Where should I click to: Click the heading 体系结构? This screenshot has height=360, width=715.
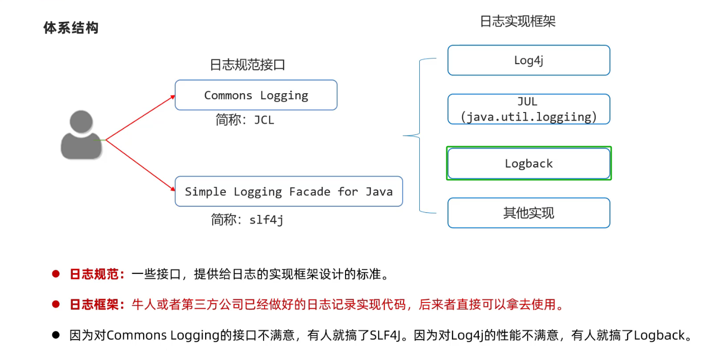coord(71,28)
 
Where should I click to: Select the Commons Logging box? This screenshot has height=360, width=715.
coord(256,95)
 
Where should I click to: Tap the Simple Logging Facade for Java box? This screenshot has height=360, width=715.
coord(289,191)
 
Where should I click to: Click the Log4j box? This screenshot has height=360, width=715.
coord(529,60)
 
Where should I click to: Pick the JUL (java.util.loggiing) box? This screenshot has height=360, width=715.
coord(529,109)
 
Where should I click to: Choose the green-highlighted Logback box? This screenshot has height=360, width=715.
coord(529,163)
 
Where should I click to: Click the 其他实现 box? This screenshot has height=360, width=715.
coord(529,213)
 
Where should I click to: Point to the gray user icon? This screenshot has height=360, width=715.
coord(80,135)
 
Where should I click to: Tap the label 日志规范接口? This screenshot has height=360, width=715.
coord(248,65)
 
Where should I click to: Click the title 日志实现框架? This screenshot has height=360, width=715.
coord(518,21)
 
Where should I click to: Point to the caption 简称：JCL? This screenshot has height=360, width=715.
coord(245,121)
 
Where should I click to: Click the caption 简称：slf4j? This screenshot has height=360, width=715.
coord(247,220)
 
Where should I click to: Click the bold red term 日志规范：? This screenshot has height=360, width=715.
coord(97,274)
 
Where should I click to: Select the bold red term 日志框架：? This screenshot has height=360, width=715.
coord(97,305)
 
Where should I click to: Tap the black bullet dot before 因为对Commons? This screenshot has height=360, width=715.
coord(56,335)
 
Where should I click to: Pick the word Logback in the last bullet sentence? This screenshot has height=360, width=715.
coord(660,336)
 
